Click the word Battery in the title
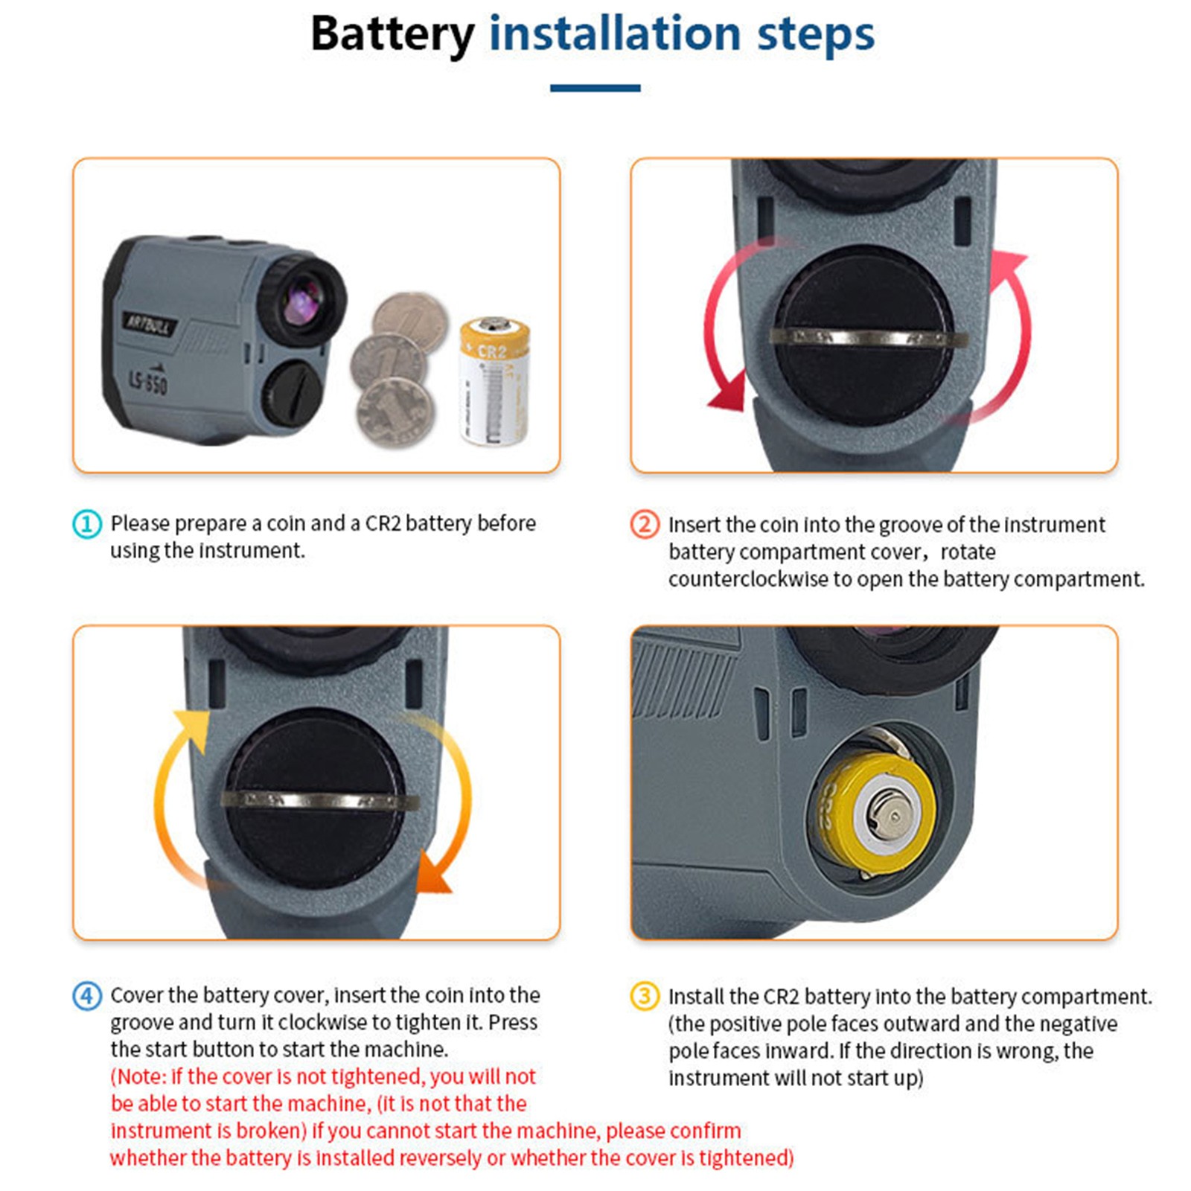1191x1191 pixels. coord(392,34)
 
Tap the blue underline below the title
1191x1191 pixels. coord(595,88)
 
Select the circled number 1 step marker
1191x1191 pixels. coord(86,524)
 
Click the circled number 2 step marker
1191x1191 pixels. coord(645,525)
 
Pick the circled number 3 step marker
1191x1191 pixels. coord(645,996)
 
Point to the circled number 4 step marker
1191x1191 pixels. coord(86,996)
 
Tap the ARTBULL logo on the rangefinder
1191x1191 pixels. coord(149,325)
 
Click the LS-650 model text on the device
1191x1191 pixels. coord(148,381)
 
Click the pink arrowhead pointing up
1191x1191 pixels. coord(1009,265)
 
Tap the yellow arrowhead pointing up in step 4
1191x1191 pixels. coord(191,726)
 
